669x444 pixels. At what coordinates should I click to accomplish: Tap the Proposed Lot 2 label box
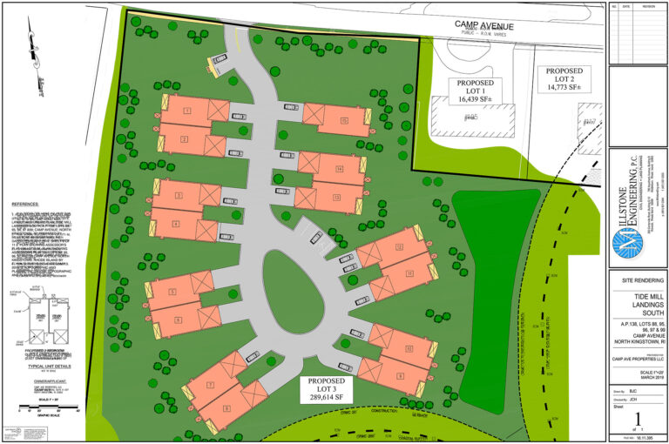click(564, 78)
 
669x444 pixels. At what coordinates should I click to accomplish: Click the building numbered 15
click(335, 119)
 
